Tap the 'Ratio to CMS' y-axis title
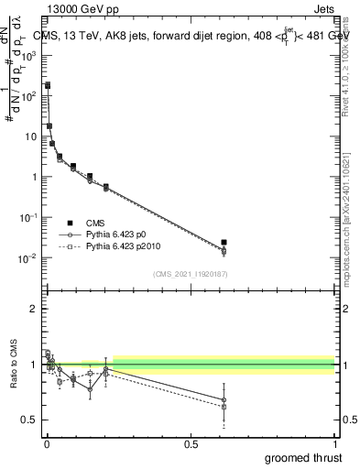[13, 365]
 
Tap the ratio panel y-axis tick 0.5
[29, 420]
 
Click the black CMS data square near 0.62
[224, 243]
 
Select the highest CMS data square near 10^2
[48, 85]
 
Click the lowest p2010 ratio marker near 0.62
[224, 407]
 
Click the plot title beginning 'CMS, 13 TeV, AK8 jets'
[192, 36]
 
